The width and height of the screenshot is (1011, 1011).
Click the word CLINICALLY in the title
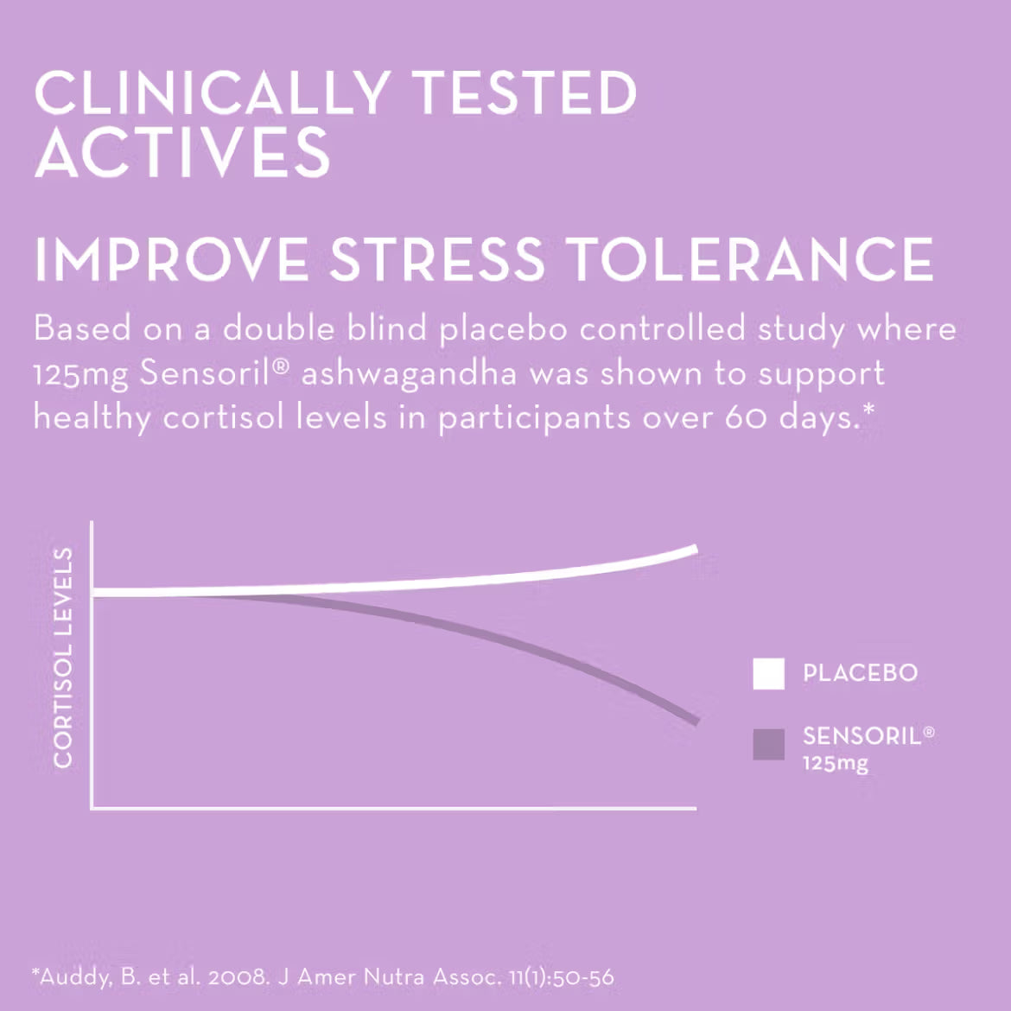click(x=212, y=93)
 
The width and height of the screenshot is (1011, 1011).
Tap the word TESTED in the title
click(x=524, y=93)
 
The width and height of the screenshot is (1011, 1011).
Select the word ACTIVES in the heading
click(x=182, y=153)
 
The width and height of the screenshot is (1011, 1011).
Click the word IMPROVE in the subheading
click(x=171, y=259)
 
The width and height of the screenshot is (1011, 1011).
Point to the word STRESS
click(x=437, y=259)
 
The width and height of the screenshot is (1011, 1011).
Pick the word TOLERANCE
click(x=749, y=259)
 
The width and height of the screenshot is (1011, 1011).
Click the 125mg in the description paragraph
click(x=80, y=374)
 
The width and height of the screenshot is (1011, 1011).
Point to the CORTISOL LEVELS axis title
click(x=63, y=658)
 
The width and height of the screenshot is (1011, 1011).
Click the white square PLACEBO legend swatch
click(x=768, y=674)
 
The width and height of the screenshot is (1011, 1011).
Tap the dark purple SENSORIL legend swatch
click(x=768, y=744)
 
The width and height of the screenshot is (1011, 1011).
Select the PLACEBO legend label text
click(x=860, y=673)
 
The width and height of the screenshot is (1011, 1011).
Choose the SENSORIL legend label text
click(x=862, y=736)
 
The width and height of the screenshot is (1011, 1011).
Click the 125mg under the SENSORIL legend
click(x=835, y=764)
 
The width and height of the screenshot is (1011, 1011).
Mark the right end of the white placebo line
click(x=694, y=549)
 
